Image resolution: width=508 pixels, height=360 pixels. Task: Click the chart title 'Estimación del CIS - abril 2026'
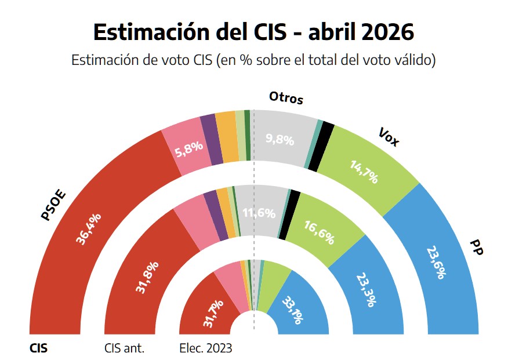(253, 32)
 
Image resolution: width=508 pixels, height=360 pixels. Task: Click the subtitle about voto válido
(253, 60)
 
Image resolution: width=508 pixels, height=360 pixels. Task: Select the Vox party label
(389, 137)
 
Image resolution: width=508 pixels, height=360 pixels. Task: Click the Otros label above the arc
(286, 98)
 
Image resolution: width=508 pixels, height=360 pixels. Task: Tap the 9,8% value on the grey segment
(280, 140)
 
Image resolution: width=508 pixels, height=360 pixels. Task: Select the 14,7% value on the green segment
(364, 172)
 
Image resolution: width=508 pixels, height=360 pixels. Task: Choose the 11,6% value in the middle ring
(259, 213)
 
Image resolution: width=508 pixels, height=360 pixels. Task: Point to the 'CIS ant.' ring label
(124, 348)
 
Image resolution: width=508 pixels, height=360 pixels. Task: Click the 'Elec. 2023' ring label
(206, 348)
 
